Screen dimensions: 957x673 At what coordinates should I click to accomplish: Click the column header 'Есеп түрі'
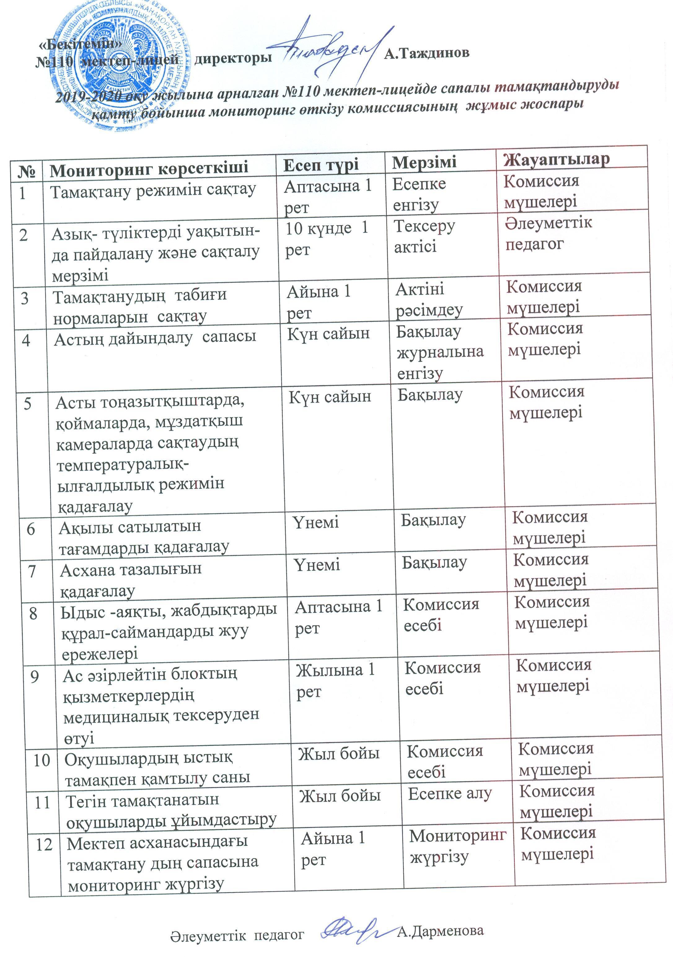point(321,165)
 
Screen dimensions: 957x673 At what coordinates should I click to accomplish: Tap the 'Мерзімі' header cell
point(424,162)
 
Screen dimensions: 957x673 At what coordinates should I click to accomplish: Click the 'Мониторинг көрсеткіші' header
point(149,168)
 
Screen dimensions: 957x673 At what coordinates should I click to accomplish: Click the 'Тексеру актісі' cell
point(424,236)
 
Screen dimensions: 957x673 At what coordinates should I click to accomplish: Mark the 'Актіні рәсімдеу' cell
point(429,300)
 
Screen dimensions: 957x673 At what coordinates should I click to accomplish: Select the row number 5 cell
point(28,404)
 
